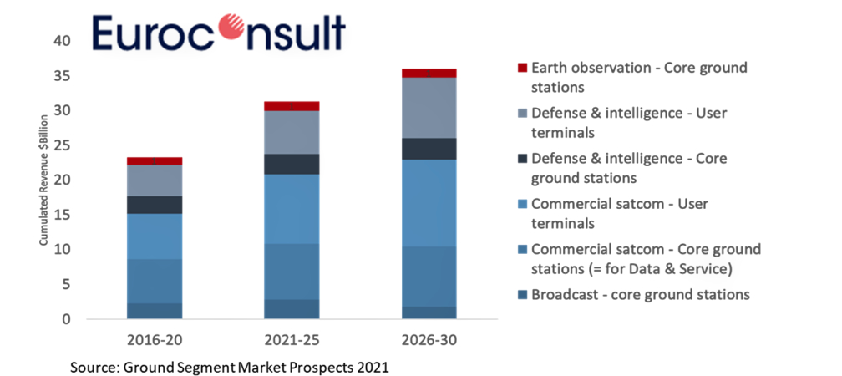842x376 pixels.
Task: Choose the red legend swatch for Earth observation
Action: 523,68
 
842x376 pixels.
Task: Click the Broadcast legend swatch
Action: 523,294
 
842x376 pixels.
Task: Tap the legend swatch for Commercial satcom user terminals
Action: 523,204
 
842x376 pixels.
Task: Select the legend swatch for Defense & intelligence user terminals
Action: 523,113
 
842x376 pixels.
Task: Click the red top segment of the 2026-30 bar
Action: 429,74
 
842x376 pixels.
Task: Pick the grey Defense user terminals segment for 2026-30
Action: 429,108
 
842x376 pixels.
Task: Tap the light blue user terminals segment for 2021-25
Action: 292,209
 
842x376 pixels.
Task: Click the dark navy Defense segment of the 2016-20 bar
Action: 155,205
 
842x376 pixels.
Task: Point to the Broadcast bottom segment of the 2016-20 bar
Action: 155,311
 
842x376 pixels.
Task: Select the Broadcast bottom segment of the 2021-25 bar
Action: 292,309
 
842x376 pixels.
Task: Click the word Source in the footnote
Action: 95,367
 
